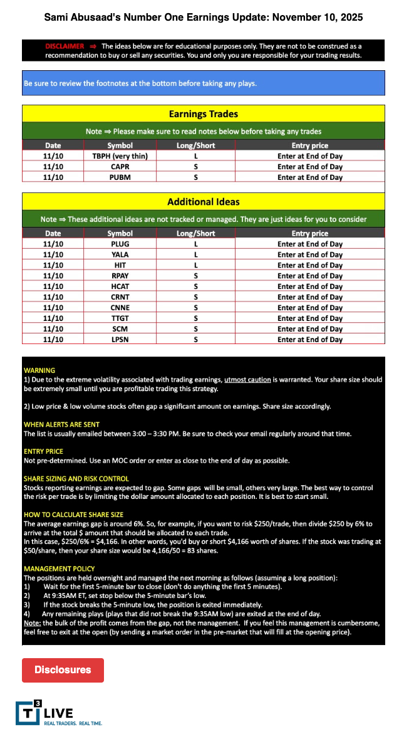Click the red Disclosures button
click(x=63, y=669)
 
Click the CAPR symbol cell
click(x=120, y=167)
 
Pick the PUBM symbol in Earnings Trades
click(x=120, y=177)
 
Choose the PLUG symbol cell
click(x=120, y=244)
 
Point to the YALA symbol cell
click(x=120, y=254)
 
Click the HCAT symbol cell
click(x=120, y=286)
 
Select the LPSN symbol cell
click(x=120, y=339)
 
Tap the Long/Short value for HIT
click(x=195, y=265)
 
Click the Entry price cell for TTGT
click(x=310, y=318)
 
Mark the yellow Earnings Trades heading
click(x=203, y=114)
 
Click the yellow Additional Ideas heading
click(x=203, y=202)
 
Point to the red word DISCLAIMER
click(x=65, y=46)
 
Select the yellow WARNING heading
click(x=39, y=370)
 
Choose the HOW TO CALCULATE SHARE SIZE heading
click(x=73, y=514)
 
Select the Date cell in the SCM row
click(x=53, y=328)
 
